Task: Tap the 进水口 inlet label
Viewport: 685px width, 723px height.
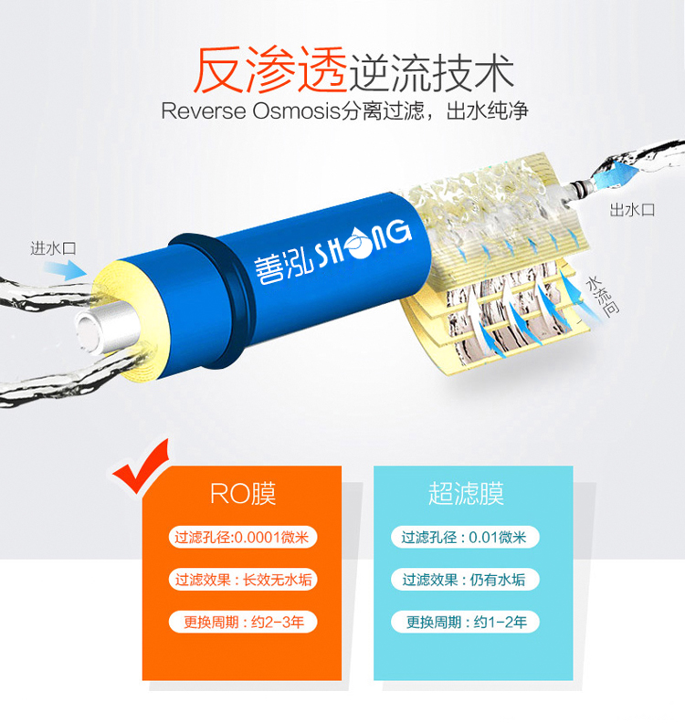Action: [54, 248]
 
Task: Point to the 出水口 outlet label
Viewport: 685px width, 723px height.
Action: [632, 210]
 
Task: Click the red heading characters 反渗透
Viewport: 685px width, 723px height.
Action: [270, 70]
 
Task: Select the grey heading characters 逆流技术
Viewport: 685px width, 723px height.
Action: [431, 73]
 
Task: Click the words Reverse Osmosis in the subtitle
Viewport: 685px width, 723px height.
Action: [250, 111]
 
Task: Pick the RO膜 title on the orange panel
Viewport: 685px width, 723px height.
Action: [243, 494]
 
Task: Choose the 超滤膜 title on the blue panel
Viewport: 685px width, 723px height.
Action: [467, 493]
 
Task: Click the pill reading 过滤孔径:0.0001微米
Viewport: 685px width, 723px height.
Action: [243, 537]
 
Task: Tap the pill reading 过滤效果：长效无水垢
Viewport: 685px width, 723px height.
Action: [243, 580]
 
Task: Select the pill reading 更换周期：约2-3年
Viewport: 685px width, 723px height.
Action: [243, 622]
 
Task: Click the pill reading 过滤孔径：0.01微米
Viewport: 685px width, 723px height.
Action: [465, 537]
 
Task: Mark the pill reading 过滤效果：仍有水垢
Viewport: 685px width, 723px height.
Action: [465, 580]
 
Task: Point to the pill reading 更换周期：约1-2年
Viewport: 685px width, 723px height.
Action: [465, 622]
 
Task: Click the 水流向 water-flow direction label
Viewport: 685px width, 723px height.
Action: [602, 296]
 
